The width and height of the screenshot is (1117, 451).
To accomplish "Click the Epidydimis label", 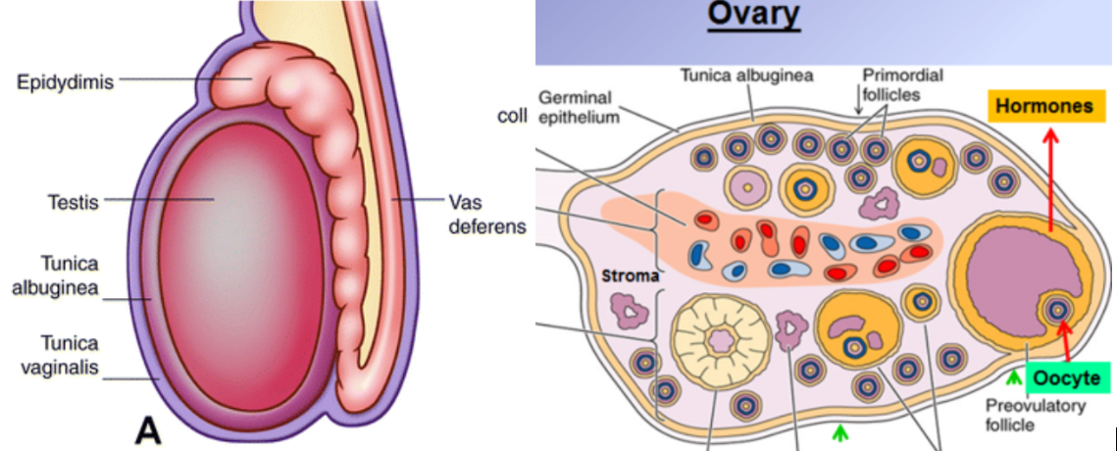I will [x=65, y=81].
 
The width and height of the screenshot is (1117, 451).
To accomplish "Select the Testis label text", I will [x=72, y=203].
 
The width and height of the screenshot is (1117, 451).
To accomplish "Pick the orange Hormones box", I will [x=1043, y=106].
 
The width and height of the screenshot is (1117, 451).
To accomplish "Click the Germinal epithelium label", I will [x=576, y=107].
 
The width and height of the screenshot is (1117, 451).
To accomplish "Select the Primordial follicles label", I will [x=892, y=83].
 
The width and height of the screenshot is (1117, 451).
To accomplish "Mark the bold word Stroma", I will [x=628, y=276].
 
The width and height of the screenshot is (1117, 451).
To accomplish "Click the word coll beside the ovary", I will [x=514, y=115].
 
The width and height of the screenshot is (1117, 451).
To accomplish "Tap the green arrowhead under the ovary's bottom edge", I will [x=838, y=430].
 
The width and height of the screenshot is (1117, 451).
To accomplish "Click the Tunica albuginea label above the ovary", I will [x=746, y=76].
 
